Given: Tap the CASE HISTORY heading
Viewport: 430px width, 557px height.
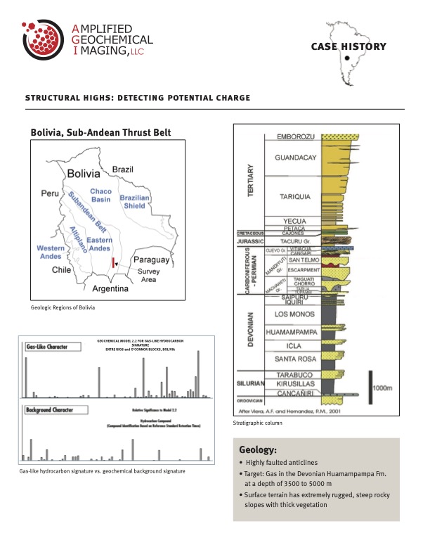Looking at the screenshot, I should tap(348, 46).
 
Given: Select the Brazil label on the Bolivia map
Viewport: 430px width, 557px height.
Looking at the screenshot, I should tap(124, 169).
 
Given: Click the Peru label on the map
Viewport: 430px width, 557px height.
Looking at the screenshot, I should tap(49, 192).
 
